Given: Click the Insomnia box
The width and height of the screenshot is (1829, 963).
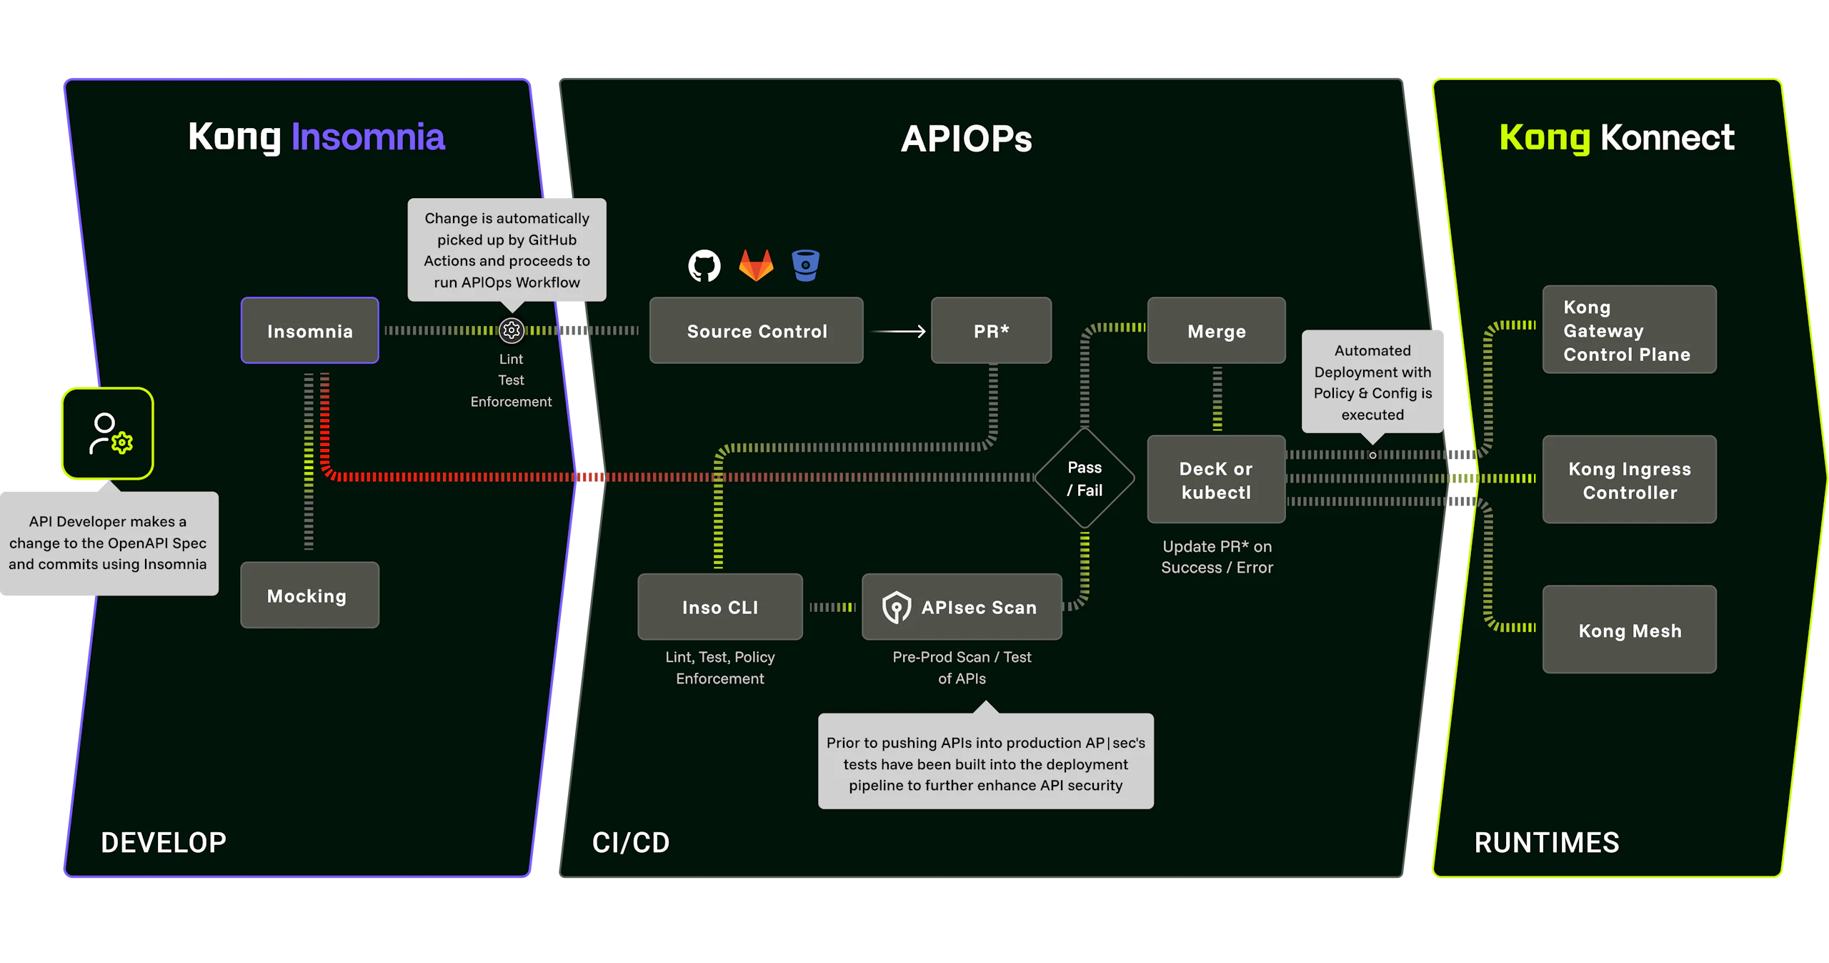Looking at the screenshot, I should (x=309, y=330).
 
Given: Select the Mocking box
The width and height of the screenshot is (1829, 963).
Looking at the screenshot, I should (x=309, y=595).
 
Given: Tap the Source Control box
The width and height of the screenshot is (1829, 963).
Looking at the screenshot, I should (x=756, y=330).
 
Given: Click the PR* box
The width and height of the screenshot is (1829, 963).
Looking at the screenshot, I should (x=991, y=330).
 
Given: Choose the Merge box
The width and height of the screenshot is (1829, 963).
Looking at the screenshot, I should (x=1216, y=330).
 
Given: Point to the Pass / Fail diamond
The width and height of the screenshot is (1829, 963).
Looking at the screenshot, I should (x=1085, y=478).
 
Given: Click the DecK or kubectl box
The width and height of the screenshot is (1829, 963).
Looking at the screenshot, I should (x=1216, y=480).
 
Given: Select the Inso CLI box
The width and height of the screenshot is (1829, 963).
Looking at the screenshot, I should (x=719, y=606).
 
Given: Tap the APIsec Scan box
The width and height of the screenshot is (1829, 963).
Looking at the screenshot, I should (x=962, y=606).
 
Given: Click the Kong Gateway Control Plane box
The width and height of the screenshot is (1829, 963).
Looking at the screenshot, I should (x=1629, y=330).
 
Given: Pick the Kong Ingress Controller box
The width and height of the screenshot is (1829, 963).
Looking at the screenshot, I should (x=1629, y=480).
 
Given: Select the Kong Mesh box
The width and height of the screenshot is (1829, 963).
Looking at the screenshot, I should (x=1629, y=629).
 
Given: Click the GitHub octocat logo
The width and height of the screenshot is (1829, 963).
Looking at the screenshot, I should (x=704, y=266).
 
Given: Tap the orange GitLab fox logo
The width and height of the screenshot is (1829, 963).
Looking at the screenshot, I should (x=756, y=265).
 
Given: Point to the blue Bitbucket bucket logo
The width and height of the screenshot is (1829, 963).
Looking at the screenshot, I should (x=805, y=265).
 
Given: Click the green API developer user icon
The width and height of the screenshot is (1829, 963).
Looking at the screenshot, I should (x=108, y=434).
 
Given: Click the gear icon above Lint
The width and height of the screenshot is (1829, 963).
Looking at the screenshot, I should (x=512, y=330).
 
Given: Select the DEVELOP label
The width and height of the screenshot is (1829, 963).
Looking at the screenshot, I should (x=164, y=842).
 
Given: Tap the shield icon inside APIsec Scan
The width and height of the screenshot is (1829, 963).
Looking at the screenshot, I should (x=896, y=608).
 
